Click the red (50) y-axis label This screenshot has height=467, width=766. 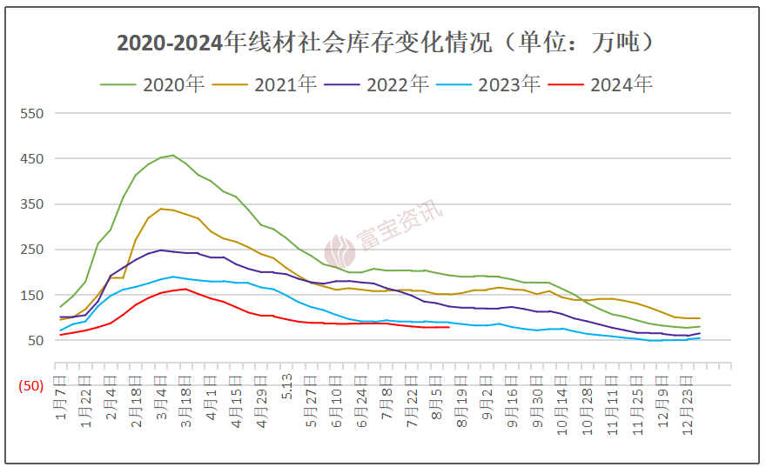29,385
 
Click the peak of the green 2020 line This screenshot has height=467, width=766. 173,156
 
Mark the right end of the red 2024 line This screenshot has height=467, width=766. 448,327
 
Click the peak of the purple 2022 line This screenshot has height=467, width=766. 161,250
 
